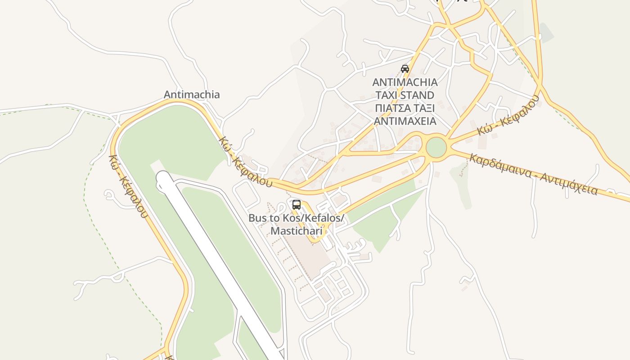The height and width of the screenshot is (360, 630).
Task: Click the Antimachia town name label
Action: coord(192,94)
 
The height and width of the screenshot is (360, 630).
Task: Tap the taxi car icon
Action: coord(405,69)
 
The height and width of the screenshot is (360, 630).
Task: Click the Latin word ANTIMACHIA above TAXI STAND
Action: coord(405,82)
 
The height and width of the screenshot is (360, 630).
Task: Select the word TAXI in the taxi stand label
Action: coord(390,95)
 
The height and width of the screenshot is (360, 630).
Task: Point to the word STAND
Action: coord(420,95)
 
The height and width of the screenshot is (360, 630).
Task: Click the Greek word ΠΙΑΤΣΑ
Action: coord(391,108)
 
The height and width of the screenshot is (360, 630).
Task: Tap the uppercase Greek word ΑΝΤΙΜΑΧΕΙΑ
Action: coord(405,121)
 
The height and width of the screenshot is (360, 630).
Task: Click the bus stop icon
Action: coord(297,205)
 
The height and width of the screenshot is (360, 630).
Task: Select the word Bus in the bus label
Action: coord(258,218)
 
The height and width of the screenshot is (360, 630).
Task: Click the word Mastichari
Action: coord(297,231)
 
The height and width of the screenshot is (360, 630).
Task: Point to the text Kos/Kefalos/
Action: coord(313,218)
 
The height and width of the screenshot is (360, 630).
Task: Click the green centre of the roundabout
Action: coord(436,148)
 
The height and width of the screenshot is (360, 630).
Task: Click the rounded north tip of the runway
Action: coord(163,177)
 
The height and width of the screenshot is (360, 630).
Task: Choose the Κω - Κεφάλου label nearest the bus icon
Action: coord(245,162)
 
